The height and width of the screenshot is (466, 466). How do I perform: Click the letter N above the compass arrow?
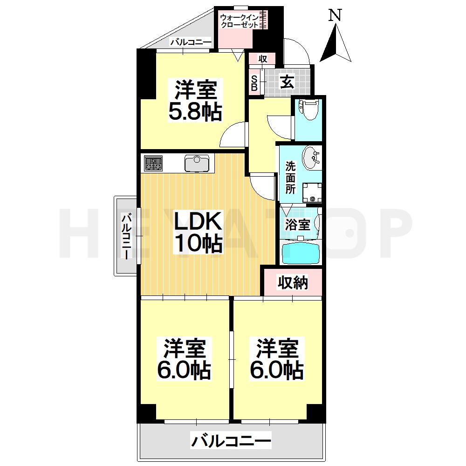(335, 15)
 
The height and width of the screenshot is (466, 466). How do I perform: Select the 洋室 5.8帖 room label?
(196, 101)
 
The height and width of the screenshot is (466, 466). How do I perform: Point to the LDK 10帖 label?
(198, 231)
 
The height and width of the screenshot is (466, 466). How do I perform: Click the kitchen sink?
(198, 164)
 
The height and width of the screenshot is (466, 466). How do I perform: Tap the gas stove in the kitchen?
(153, 164)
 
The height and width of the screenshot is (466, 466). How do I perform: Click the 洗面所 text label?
(290, 178)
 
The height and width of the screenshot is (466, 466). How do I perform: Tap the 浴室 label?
(297, 224)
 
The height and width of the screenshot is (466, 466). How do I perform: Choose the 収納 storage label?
(293, 282)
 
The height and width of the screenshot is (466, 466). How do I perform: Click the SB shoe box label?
(254, 83)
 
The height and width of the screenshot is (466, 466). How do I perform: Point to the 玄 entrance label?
(287, 82)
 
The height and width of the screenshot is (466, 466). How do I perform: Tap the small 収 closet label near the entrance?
(262, 59)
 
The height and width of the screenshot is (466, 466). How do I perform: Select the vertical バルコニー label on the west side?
(126, 236)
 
